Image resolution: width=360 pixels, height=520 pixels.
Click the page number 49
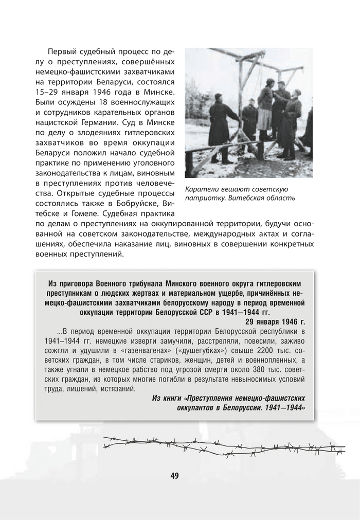tap(174, 476)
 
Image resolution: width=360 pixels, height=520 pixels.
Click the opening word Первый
tap(63, 52)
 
